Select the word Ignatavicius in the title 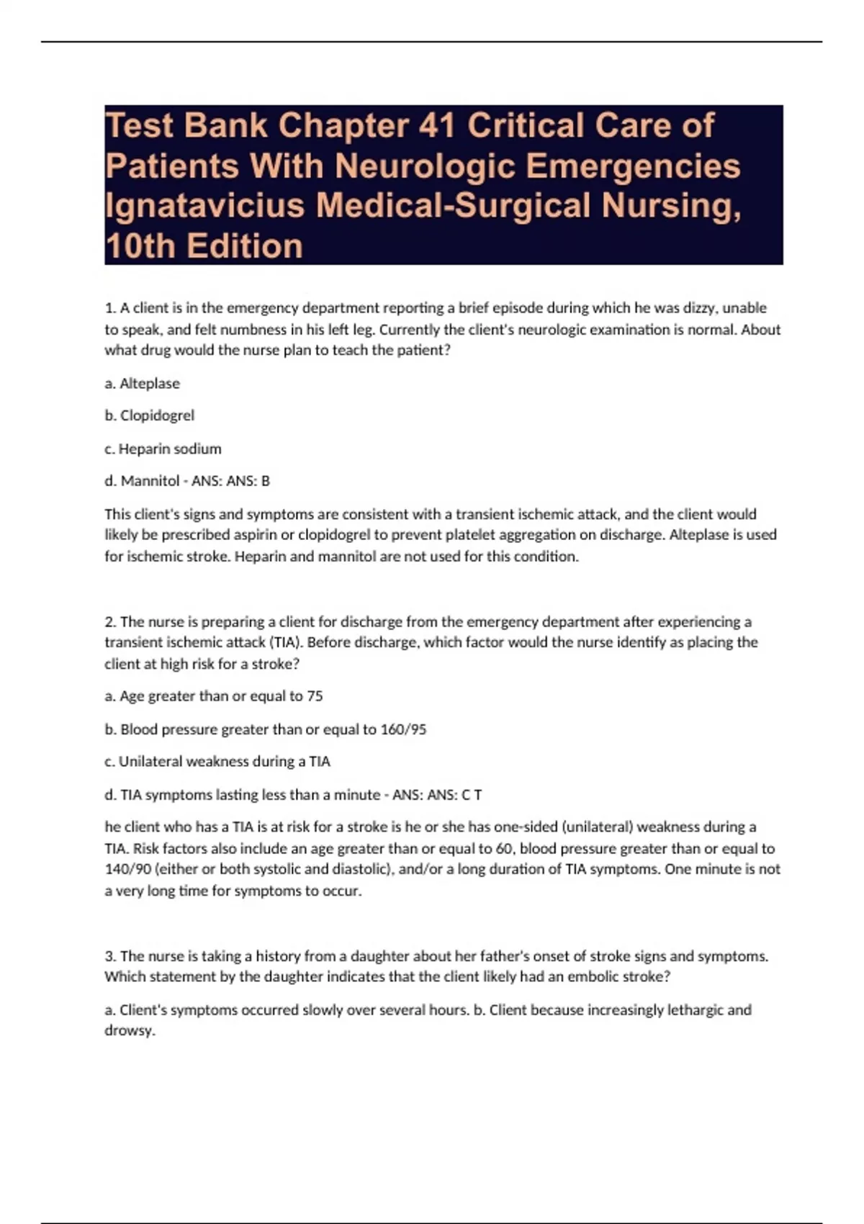tap(204, 206)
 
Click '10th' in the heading tap(140, 246)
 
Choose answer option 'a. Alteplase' tap(143, 384)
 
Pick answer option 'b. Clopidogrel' tap(150, 415)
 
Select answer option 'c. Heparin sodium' tap(163, 449)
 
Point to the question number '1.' tap(110, 308)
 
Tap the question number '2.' tap(110, 621)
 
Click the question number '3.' tap(110, 956)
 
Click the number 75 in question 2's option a tap(315, 696)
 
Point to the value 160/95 tap(403, 729)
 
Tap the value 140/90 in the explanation tap(128, 869)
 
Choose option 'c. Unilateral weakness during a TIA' tap(217, 762)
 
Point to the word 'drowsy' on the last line tap(129, 1031)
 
